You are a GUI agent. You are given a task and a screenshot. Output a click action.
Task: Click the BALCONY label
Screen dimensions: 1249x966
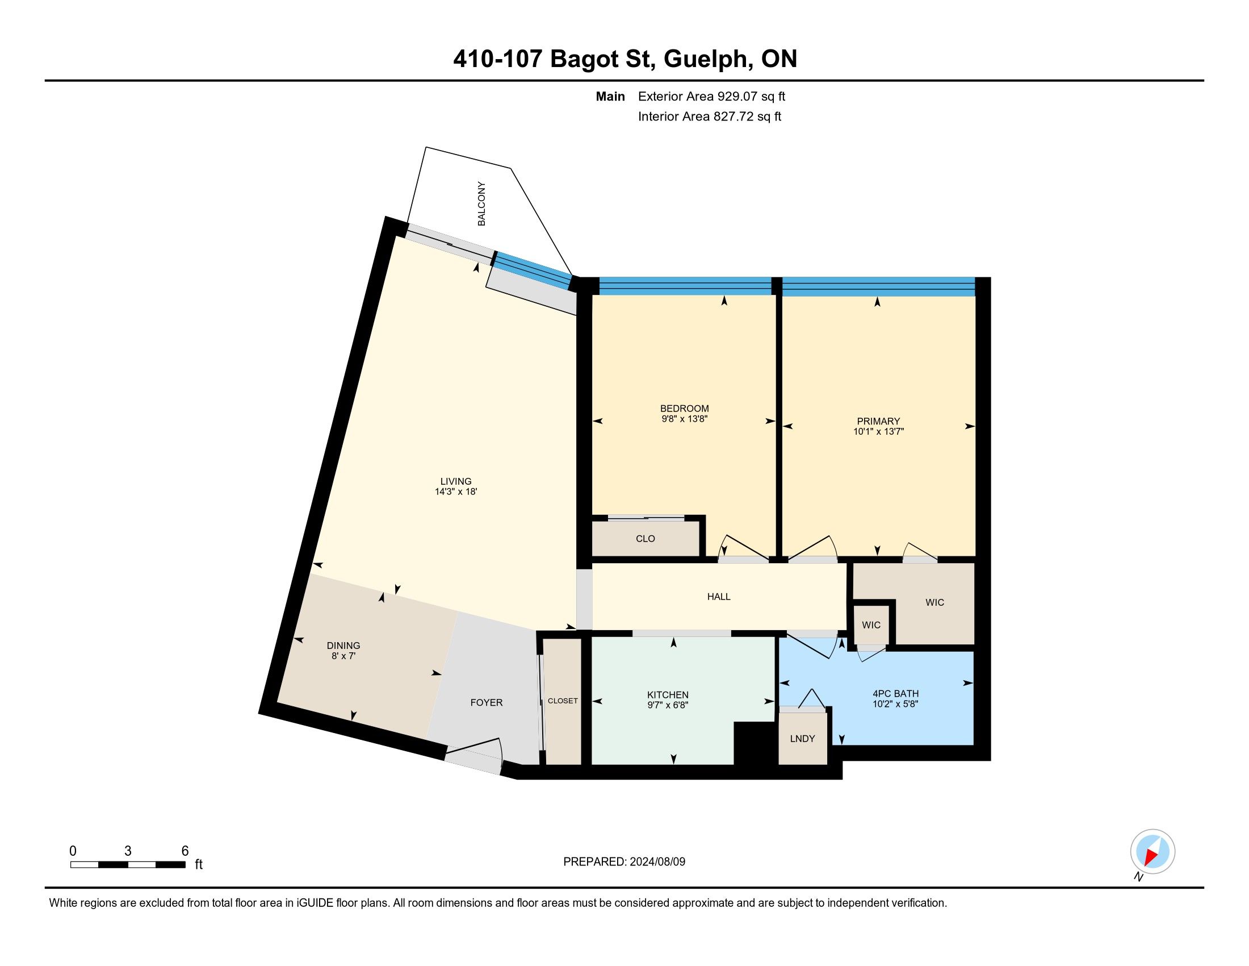click(481, 204)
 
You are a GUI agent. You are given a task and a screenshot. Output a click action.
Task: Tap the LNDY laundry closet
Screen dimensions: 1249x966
click(802, 738)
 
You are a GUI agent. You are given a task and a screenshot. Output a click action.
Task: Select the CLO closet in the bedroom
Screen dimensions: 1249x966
click(645, 539)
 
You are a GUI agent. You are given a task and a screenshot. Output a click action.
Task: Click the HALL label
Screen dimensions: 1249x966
click(719, 596)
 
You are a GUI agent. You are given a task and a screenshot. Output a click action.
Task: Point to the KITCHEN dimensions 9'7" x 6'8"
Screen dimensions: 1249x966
click(668, 706)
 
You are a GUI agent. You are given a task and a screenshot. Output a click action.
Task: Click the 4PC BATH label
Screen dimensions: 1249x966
click(895, 694)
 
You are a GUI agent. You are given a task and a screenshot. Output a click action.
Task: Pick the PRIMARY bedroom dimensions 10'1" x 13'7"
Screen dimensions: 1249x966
click(878, 431)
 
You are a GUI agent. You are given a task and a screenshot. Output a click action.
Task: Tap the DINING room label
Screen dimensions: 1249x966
click(343, 646)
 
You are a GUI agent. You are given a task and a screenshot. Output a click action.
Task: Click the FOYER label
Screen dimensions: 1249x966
click(487, 702)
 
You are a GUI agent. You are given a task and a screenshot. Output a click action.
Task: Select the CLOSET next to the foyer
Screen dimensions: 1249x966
click(563, 701)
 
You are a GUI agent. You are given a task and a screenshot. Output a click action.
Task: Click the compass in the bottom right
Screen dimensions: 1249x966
click(1152, 852)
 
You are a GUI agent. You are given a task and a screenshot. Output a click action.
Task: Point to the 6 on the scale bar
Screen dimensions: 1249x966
click(185, 851)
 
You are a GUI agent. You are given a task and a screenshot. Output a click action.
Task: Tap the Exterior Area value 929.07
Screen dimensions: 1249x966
click(737, 96)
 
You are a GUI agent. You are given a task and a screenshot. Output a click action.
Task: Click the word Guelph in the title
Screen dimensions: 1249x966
click(706, 59)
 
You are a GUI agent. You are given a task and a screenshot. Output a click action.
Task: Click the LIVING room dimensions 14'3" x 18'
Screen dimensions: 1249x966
click(456, 492)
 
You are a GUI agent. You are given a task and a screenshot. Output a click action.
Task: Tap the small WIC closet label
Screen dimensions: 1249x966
click(871, 625)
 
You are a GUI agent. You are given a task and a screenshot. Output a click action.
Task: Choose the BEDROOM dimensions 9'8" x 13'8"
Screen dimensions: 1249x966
click(685, 419)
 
